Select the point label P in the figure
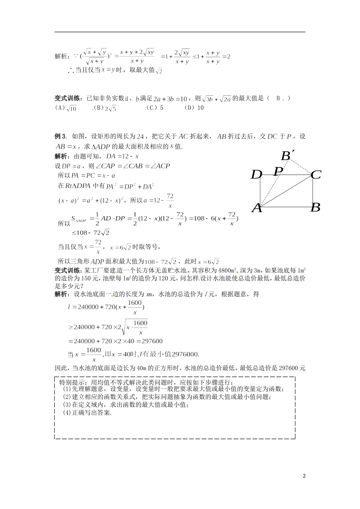(x=279, y=171)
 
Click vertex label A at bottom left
(x=257, y=208)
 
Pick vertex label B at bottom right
(x=315, y=208)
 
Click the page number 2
(x=304, y=476)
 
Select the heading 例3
(x=61, y=136)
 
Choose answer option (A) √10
(x=66, y=108)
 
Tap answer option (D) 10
(x=194, y=108)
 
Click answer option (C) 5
(x=155, y=108)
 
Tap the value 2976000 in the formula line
(x=185, y=354)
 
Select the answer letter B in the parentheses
(x=278, y=98)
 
